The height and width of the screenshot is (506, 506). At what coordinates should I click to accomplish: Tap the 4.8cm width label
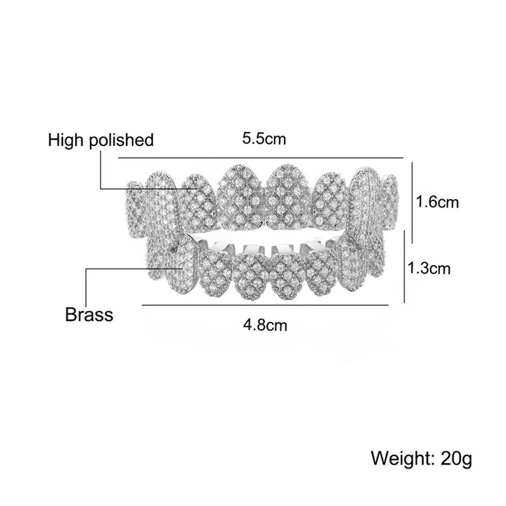pyautogui.click(x=266, y=325)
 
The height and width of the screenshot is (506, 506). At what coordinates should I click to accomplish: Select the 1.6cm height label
pyautogui.click(x=438, y=202)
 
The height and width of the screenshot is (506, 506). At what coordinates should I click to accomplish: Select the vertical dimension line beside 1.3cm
pyautogui.click(x=404, y=267)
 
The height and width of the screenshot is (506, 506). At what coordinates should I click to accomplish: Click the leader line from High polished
pyautogui.click(x=100, y=169)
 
